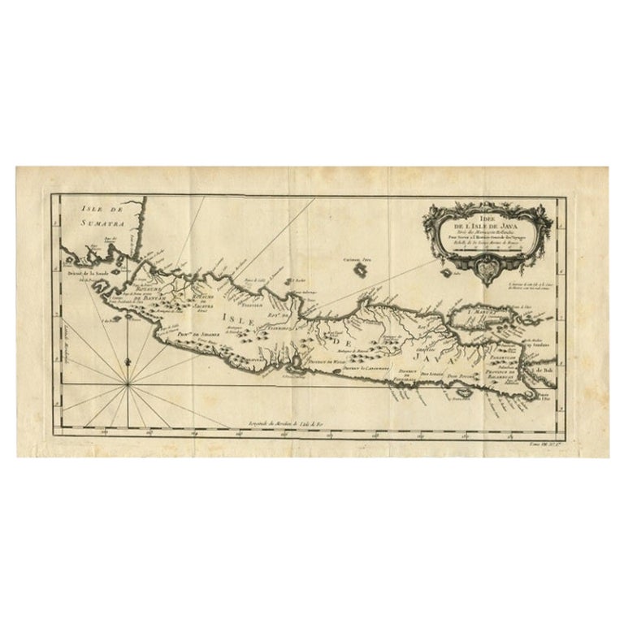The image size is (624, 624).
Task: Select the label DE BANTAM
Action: pos(149,298)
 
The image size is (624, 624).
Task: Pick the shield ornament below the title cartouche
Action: pos(486,264)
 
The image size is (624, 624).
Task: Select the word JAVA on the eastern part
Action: pos(422,356)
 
